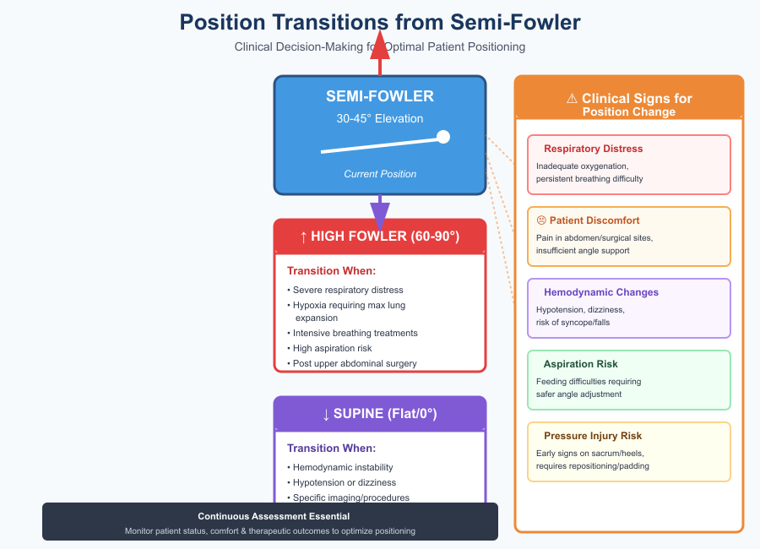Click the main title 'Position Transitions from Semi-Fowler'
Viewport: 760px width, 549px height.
(380, 22)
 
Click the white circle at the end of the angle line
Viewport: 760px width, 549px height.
(442, 137)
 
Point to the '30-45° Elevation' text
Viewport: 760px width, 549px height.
(380, 119)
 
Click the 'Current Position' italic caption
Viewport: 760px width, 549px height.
(380, 174)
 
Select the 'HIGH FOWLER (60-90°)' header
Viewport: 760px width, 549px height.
(380, 236)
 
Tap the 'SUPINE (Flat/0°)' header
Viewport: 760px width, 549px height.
(380, 414)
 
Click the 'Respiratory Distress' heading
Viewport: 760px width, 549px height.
(593, 149)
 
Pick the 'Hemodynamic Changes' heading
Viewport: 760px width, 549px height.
(601, 293)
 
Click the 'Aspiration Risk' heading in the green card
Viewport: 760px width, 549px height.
(581, 364)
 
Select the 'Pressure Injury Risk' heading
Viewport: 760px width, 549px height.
(593, 437)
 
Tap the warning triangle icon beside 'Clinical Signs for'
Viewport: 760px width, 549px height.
(572, 99)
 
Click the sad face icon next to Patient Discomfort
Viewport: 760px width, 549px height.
(541, 220)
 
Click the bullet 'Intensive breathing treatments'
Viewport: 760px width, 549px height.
(355, 333)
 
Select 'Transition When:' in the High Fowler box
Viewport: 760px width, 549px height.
(331, 271)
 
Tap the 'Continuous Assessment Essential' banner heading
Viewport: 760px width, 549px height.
(274, 516)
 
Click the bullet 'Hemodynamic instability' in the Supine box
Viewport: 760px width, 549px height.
(343, 467)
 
